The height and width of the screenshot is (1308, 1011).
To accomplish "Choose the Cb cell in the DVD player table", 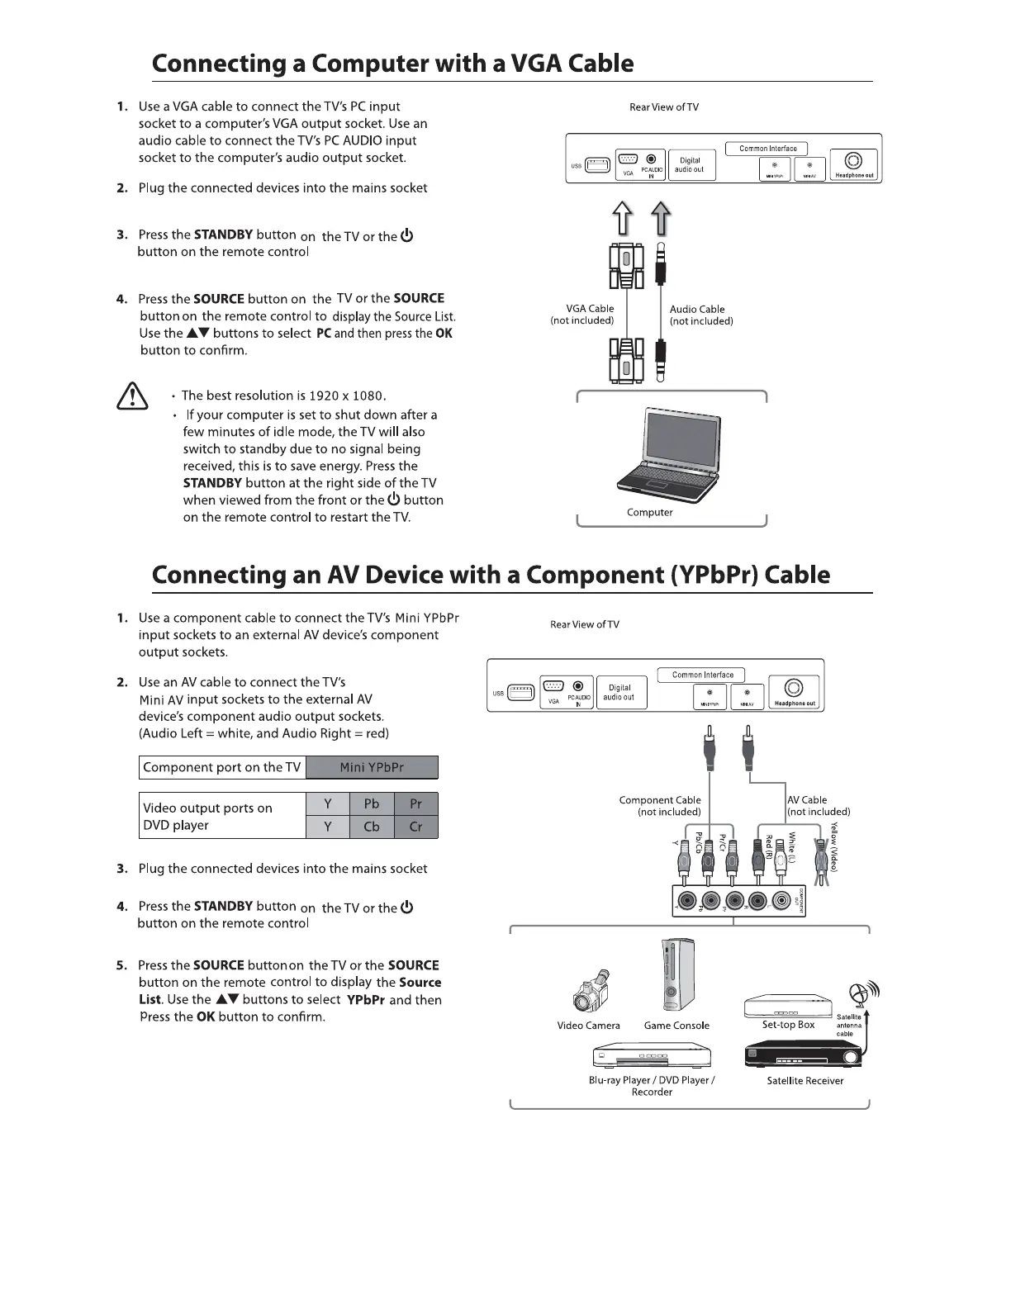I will pos(372,827).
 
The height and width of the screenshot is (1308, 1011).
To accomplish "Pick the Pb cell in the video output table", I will pos(372,803).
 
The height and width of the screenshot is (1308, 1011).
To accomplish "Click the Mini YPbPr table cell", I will pos(372,767).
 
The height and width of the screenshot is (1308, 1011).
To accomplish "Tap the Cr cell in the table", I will pos(415,827).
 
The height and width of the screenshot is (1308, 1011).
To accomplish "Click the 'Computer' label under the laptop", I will pos(650,512).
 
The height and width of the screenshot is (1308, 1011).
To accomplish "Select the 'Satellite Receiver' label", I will pos(805,1081).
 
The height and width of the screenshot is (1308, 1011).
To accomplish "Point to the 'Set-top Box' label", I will pos(788,1025).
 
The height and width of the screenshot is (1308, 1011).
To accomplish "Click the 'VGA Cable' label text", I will pos(590,309).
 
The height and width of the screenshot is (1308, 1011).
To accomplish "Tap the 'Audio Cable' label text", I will pos(697,310).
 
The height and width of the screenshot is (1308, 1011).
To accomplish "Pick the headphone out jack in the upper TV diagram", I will pos(854,161).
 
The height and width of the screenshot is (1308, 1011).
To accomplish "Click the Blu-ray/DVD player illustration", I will pos(652,1056).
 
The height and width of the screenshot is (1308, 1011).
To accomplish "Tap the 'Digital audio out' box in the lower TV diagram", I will pos(619,692).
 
